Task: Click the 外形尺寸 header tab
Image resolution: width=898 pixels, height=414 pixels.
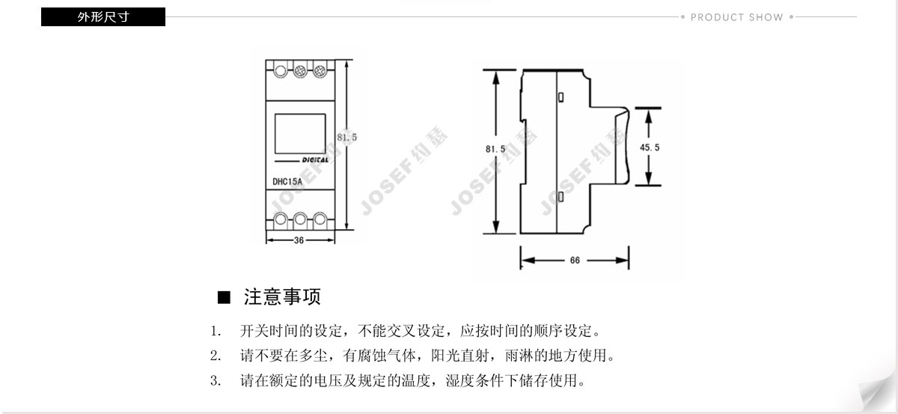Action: point(103,16)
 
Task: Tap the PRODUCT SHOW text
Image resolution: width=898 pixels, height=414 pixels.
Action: point(736,17)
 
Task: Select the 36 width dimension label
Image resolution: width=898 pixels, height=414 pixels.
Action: point(299,240)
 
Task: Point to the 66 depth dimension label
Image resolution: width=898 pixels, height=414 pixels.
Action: point(575,261)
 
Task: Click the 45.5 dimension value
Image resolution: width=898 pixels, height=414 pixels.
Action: point(650,147)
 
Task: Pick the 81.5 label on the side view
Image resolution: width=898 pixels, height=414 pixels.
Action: point(495,149)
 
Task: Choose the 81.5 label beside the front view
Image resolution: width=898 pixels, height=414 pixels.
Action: point(347,137)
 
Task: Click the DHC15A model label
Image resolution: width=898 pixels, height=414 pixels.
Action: point(287,181)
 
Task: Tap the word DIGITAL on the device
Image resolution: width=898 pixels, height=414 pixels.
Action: point(315,159)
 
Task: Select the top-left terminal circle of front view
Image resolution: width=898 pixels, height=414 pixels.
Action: point(281,71)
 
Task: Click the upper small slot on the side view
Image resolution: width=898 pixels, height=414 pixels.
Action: point(561,97)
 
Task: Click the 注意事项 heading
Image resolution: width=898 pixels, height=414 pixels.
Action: point(282,297)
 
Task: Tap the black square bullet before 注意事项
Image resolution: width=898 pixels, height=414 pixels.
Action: point(222,298)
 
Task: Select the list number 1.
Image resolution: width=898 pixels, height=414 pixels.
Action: point(215,331)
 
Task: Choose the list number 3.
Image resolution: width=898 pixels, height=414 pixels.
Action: point(215,381)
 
